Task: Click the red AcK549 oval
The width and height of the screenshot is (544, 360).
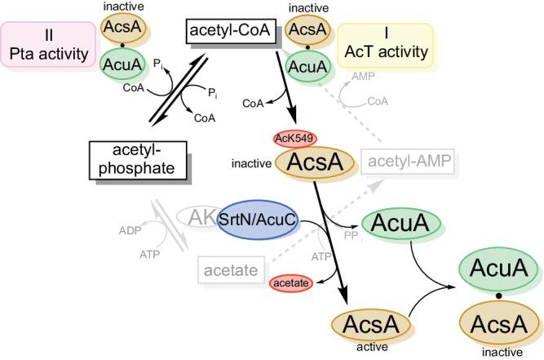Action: click(294, 137)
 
